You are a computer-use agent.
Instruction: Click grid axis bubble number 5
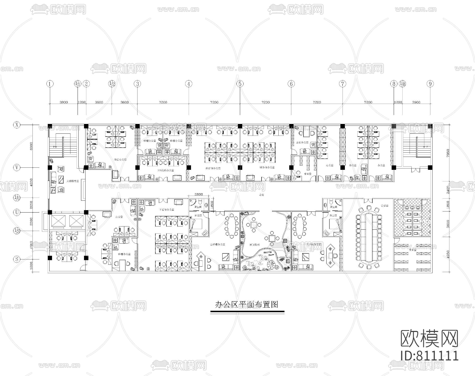click(x=240, y=84)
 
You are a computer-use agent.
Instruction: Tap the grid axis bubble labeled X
click(x=17, y=125)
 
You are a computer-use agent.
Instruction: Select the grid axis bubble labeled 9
click(x=430, y=84)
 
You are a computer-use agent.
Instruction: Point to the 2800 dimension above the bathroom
click(x=198, y=194)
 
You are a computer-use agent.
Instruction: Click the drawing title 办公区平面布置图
click(x=247, y=305)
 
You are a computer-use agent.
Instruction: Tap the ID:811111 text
click(x=429, y=355)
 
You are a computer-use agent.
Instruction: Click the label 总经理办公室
click(x=217, y=244)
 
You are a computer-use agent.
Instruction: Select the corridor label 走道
click(x=262, y=195)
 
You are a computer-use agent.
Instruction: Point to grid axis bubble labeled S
click(x=17, y=259)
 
